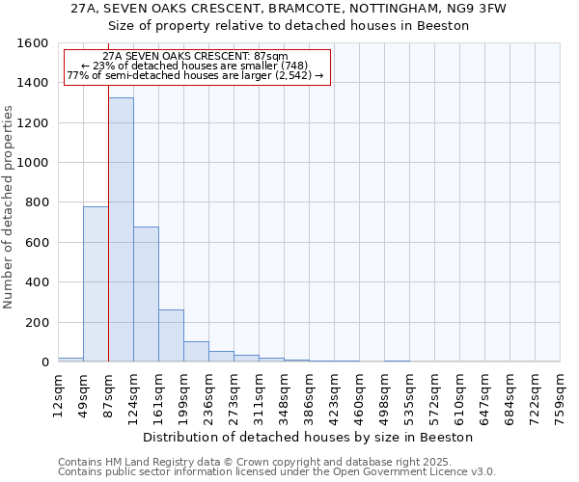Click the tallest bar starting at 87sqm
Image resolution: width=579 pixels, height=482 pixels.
(x=121, y=229)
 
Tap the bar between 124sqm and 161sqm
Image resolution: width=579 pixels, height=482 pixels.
(x=146, y=294)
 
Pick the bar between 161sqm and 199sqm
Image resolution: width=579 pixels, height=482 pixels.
(x=171, y=335)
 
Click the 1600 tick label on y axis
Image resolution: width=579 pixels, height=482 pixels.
(x=33, y=43)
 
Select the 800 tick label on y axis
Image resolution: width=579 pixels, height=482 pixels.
(x=37, y=202)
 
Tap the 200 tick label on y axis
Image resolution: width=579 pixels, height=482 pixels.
(x=37, y=322)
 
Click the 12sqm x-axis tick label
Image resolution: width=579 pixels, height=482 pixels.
(x=58, y=393)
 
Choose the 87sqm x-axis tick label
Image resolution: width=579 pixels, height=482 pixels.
(x=108, y=393)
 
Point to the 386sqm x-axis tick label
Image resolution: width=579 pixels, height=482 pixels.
(x=309, y=395)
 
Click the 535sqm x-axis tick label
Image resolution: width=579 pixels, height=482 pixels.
(x=409, y=395)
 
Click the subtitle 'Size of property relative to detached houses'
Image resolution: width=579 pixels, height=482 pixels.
(x=289, y=25)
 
